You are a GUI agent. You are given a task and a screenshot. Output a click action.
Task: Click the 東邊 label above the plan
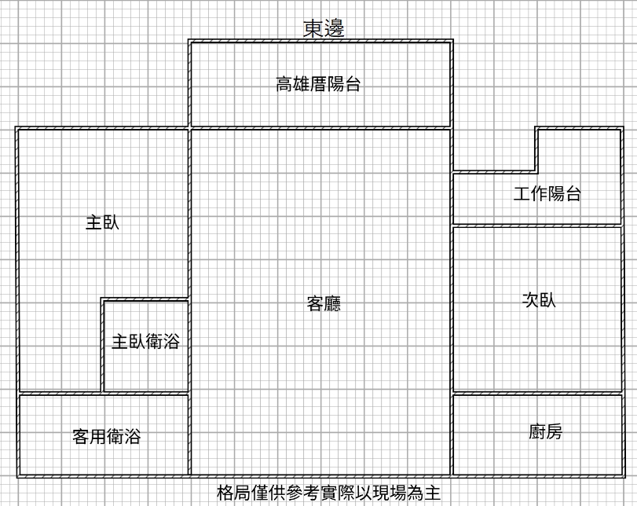324,28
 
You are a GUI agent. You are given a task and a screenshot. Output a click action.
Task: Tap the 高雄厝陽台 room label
319,84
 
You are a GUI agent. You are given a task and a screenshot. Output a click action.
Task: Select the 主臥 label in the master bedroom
102,222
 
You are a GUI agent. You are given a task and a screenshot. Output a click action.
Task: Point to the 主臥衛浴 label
145,342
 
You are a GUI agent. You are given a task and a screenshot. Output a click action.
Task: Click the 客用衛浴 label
107,437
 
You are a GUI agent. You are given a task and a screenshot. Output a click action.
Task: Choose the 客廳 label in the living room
324,303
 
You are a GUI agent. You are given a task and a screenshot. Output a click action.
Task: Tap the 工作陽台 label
547,193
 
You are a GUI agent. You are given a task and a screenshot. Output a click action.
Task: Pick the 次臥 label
539,300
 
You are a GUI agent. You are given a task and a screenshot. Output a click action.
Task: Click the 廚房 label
546,431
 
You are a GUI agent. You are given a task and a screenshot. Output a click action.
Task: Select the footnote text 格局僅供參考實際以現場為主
328,493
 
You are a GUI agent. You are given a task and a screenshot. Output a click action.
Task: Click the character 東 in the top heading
313,28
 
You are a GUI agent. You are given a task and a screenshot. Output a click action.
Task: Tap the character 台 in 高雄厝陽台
353,84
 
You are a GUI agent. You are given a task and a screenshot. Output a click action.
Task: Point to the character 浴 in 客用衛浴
133,437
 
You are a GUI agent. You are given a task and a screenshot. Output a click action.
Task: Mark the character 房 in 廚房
555,431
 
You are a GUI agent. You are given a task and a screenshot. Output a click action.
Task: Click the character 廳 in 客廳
332,303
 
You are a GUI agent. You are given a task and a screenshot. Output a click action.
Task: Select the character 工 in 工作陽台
522,193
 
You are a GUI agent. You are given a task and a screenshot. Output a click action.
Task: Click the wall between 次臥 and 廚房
537,394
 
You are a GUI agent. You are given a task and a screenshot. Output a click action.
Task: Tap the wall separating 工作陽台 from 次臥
537,225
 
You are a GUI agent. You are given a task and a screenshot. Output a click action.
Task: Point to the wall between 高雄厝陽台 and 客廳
320,128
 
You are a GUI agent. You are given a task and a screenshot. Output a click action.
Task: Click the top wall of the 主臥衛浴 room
145,299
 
